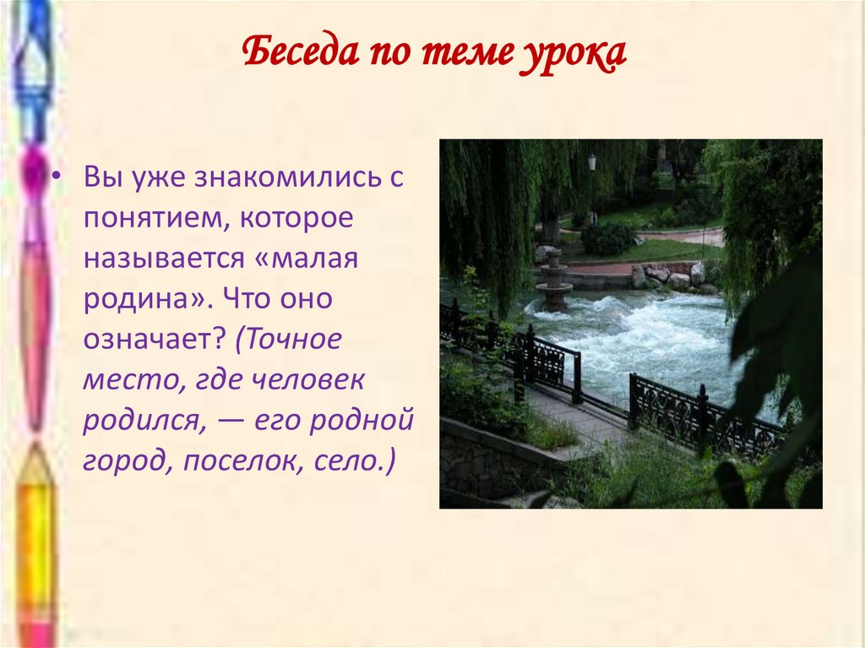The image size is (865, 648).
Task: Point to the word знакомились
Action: (281, 178)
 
